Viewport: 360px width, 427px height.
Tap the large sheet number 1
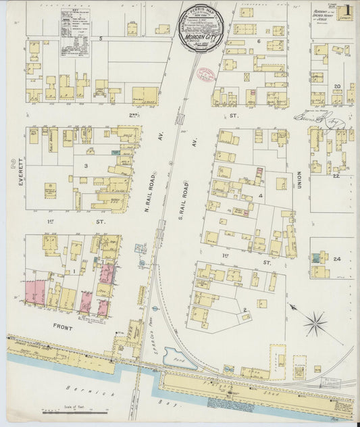click(x=346, y=11)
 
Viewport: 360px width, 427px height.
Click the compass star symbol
click(x=314, y=323)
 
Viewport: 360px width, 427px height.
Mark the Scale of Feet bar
click(x=74, y=411)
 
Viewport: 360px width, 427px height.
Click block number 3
click(x=86, y=165)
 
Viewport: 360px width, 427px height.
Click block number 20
click(x=336, y=86)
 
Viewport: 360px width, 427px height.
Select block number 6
click(x=259, y=41)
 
